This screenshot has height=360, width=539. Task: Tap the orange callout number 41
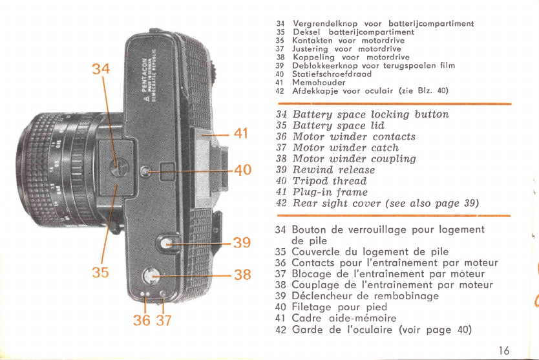click(x=240, y=134)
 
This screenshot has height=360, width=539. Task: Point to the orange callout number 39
click(x=241, y=243)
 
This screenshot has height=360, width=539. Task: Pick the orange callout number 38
click(x=242, y=274)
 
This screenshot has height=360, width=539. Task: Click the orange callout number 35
click(x=100, y=271)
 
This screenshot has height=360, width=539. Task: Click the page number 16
click(x=504, y=350)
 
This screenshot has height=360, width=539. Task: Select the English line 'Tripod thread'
click(x=329, y=181)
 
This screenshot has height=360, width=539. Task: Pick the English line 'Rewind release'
click(x=333, y=170)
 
